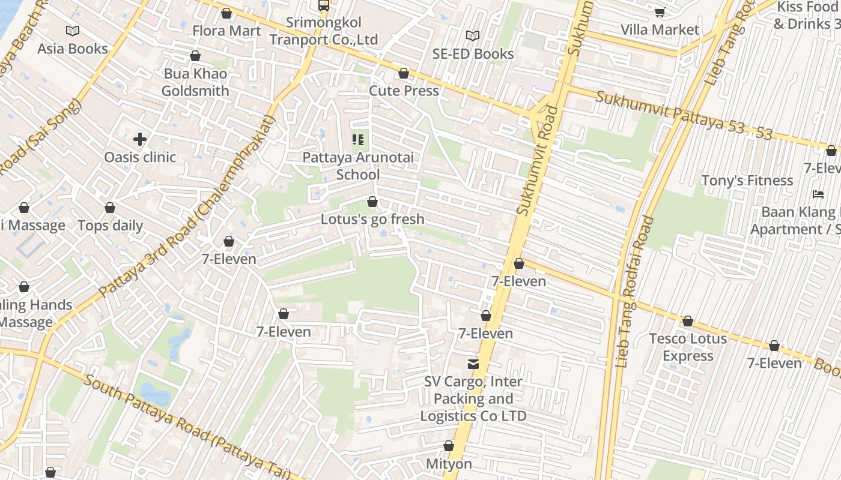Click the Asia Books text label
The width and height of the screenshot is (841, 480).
click(x=73, y=49)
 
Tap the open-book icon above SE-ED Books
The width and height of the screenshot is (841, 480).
click(x=473, y=35)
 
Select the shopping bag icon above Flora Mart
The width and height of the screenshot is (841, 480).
click(x=226, y=13)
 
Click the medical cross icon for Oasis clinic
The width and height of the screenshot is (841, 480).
click(x=140, y=139)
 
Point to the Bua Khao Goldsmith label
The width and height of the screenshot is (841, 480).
click(x=195, y=82)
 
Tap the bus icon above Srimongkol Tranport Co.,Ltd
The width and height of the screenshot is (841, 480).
click(x=324, y=5)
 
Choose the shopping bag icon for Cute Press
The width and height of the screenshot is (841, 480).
click(x=404, y=73)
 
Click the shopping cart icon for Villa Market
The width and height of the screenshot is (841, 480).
click(x=660, y=12)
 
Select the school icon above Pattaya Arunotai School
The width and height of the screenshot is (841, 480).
click(x=358, y=140)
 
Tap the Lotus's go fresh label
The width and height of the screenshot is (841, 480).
click(x=372, y=219)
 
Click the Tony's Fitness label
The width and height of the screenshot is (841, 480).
click(x=747, y=181)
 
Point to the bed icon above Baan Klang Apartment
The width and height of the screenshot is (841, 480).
click(x=818, y=194)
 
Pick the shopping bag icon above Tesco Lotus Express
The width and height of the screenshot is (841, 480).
click(x=688, y=322)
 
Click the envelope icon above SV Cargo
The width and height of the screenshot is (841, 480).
click(x=473, y=364)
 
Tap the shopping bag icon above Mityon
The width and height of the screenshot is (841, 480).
click(x=448, y=446)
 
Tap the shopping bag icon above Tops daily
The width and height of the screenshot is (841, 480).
click(x=110, y=208)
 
